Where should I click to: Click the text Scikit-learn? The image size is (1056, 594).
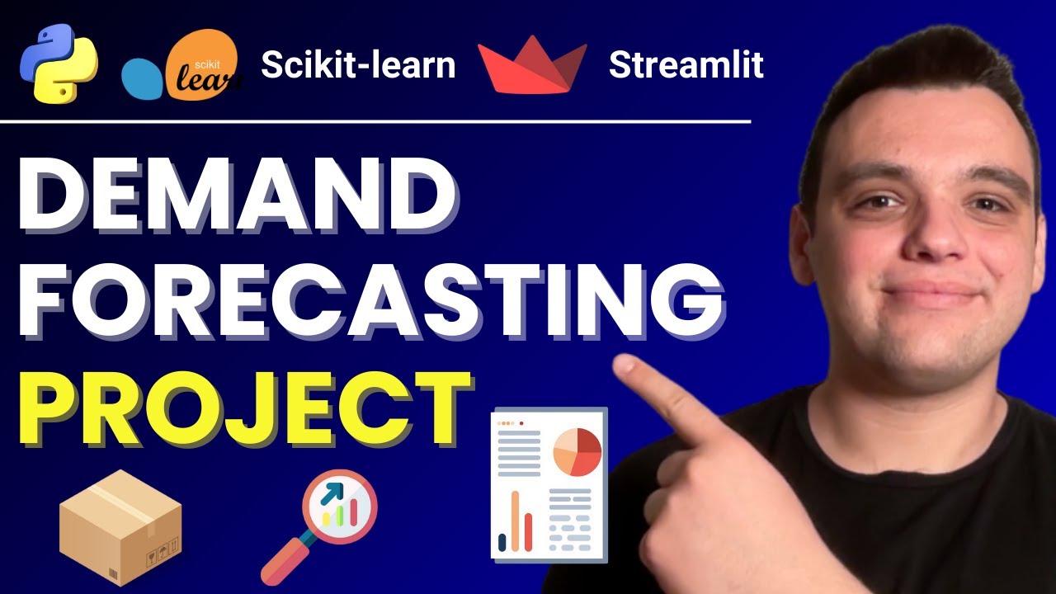(x=358, y=65)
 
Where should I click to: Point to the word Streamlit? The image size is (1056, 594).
(x=686, y=65)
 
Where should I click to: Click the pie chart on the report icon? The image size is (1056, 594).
(x=577, y=452)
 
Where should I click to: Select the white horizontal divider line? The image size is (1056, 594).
(x=375, y=122)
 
